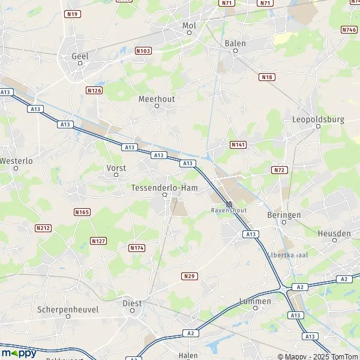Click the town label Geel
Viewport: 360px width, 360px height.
click(80, 56)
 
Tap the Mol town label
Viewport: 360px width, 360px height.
click(189, 26)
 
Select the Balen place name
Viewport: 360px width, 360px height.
click(235, 43)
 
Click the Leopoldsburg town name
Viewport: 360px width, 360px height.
click(318, 119)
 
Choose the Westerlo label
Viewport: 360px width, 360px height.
click(16, 161)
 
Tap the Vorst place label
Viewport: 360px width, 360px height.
click(116, 168)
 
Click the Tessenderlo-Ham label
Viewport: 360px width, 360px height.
click(164, 188)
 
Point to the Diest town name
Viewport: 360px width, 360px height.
click(132, 304)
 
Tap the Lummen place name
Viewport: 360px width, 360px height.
click(255, 301)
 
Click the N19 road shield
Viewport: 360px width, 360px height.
click(73, 14)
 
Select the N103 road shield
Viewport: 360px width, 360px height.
click(143, 51)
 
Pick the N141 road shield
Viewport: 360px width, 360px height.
click(238, 145)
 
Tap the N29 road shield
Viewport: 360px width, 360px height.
click(188, 276)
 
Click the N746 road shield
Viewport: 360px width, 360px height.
click(349, 29)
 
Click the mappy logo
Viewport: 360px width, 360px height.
click(19, 353)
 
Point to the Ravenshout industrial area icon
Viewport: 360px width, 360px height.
click(229, 204)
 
